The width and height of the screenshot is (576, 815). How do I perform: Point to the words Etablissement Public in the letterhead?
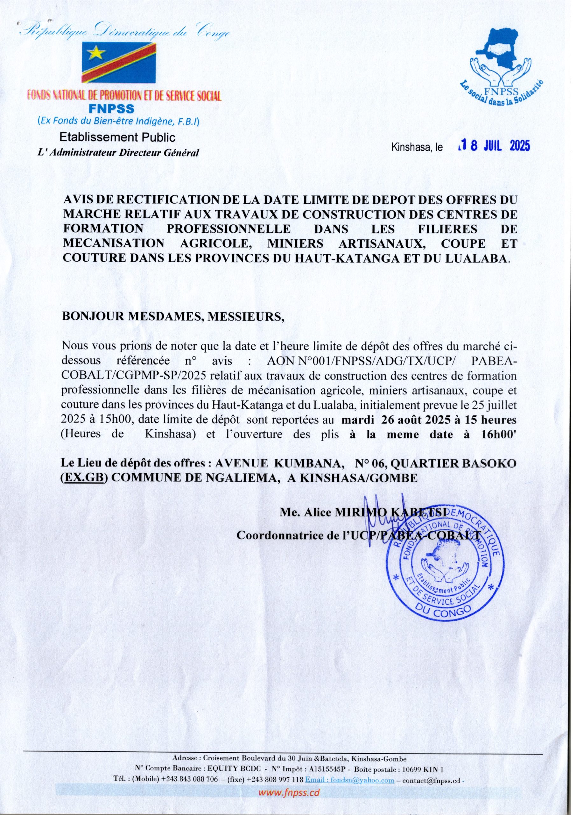117,137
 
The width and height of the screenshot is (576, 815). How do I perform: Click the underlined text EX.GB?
85,478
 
